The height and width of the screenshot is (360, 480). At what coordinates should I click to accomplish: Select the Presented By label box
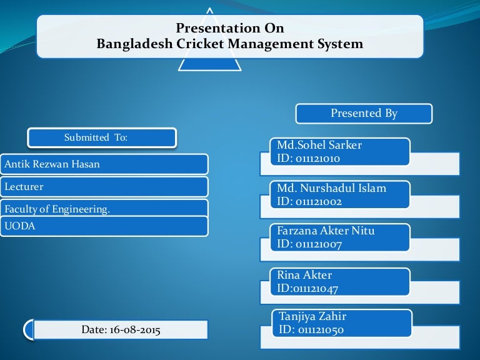click(x=364, y=113)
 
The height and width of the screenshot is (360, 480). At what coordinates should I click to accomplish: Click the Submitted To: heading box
click(x=101, y=137)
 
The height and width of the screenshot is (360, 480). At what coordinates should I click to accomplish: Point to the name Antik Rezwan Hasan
click(x=52, y=164)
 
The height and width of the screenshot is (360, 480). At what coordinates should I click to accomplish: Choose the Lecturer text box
click(x=24, y=186)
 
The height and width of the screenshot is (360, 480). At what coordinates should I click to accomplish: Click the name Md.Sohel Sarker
click(x=319, y=146)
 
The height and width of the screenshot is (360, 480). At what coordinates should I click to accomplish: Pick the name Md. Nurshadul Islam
click(x=332, y=188)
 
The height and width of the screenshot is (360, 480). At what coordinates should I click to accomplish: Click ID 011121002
click(x=309, y=201)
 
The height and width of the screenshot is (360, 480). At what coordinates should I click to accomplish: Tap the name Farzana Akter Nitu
click(x=326, y=231)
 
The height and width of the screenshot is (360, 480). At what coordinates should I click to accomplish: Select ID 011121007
click(x=309, y=244)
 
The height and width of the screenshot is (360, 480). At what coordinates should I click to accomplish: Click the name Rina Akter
click(x=304, y=275)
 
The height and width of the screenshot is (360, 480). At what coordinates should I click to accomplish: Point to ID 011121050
click(x=312, y=330)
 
